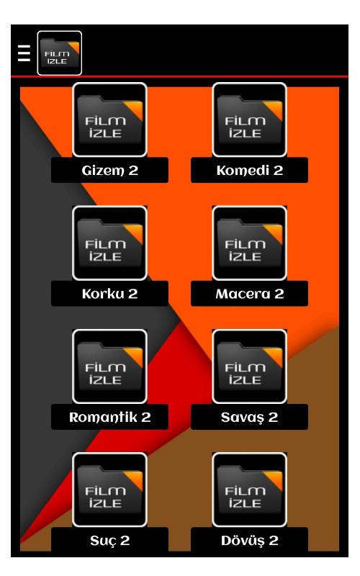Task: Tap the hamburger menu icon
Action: pyautogui.click(x=24, y=53)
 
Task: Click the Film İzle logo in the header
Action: pyautogui.click(x=60, y=53)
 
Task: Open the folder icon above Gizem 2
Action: pyautogui.click(x=110, y=120)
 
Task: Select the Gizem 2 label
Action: pyautogui.click(x=110, y=170)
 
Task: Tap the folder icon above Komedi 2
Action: pyautogui.click(x=249, y=120)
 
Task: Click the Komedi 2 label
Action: pyautogui.click(x=250, y=170)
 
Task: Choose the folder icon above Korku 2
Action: pyautogui.click(x=110, y=243)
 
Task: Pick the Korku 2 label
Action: pyautogui.click(x=110, y=294)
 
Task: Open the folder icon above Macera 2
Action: pyautogui.click(x=249, y=243)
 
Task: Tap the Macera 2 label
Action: pyautogui.click(x=250, y=294)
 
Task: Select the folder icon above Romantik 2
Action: pyautogui.click(x=110, y=366)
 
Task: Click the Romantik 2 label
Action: pyautogui.click(x=110, y=417)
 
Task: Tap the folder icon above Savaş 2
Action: pyautogui.click(x=249, y=366)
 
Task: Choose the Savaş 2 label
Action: pyautogui.click(x=249, y=418)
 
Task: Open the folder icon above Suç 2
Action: pyautogui.click(x=110, y=490)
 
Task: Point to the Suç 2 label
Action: pyautogui.click(x=110, y=541)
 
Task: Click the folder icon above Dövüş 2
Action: pyautogui.click(x=249, y=490)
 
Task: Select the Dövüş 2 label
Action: pyautogui.click(x=249, y=541)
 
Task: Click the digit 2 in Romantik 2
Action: pyautogui.click(x=146, y=418)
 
